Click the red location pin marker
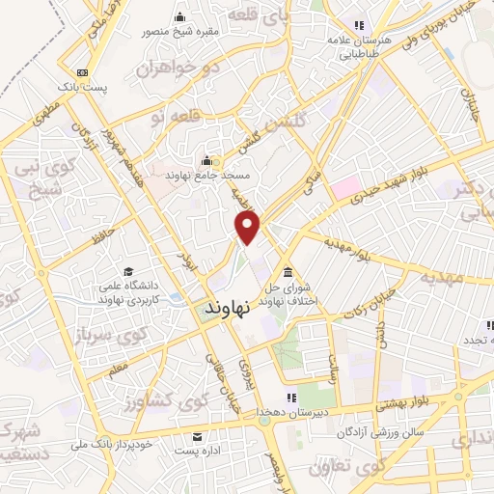(x=248, y=227)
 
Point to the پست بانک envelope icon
(x=84, y=72)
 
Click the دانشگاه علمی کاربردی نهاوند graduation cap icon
(x=128, y=272)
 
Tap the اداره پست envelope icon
(x=197, y=436)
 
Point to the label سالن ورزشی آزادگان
(x=380, y=433)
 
